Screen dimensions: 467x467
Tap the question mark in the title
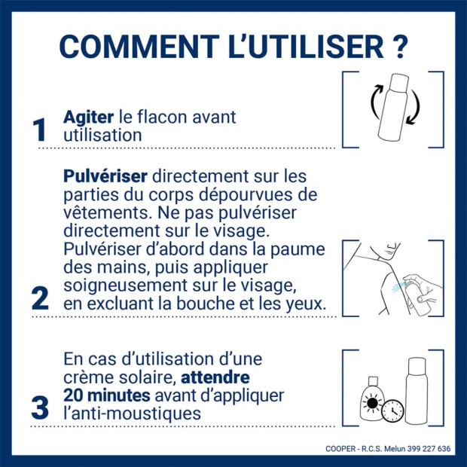(400, 46)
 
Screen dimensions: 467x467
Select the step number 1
(40, 130)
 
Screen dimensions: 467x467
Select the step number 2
(40, 298)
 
